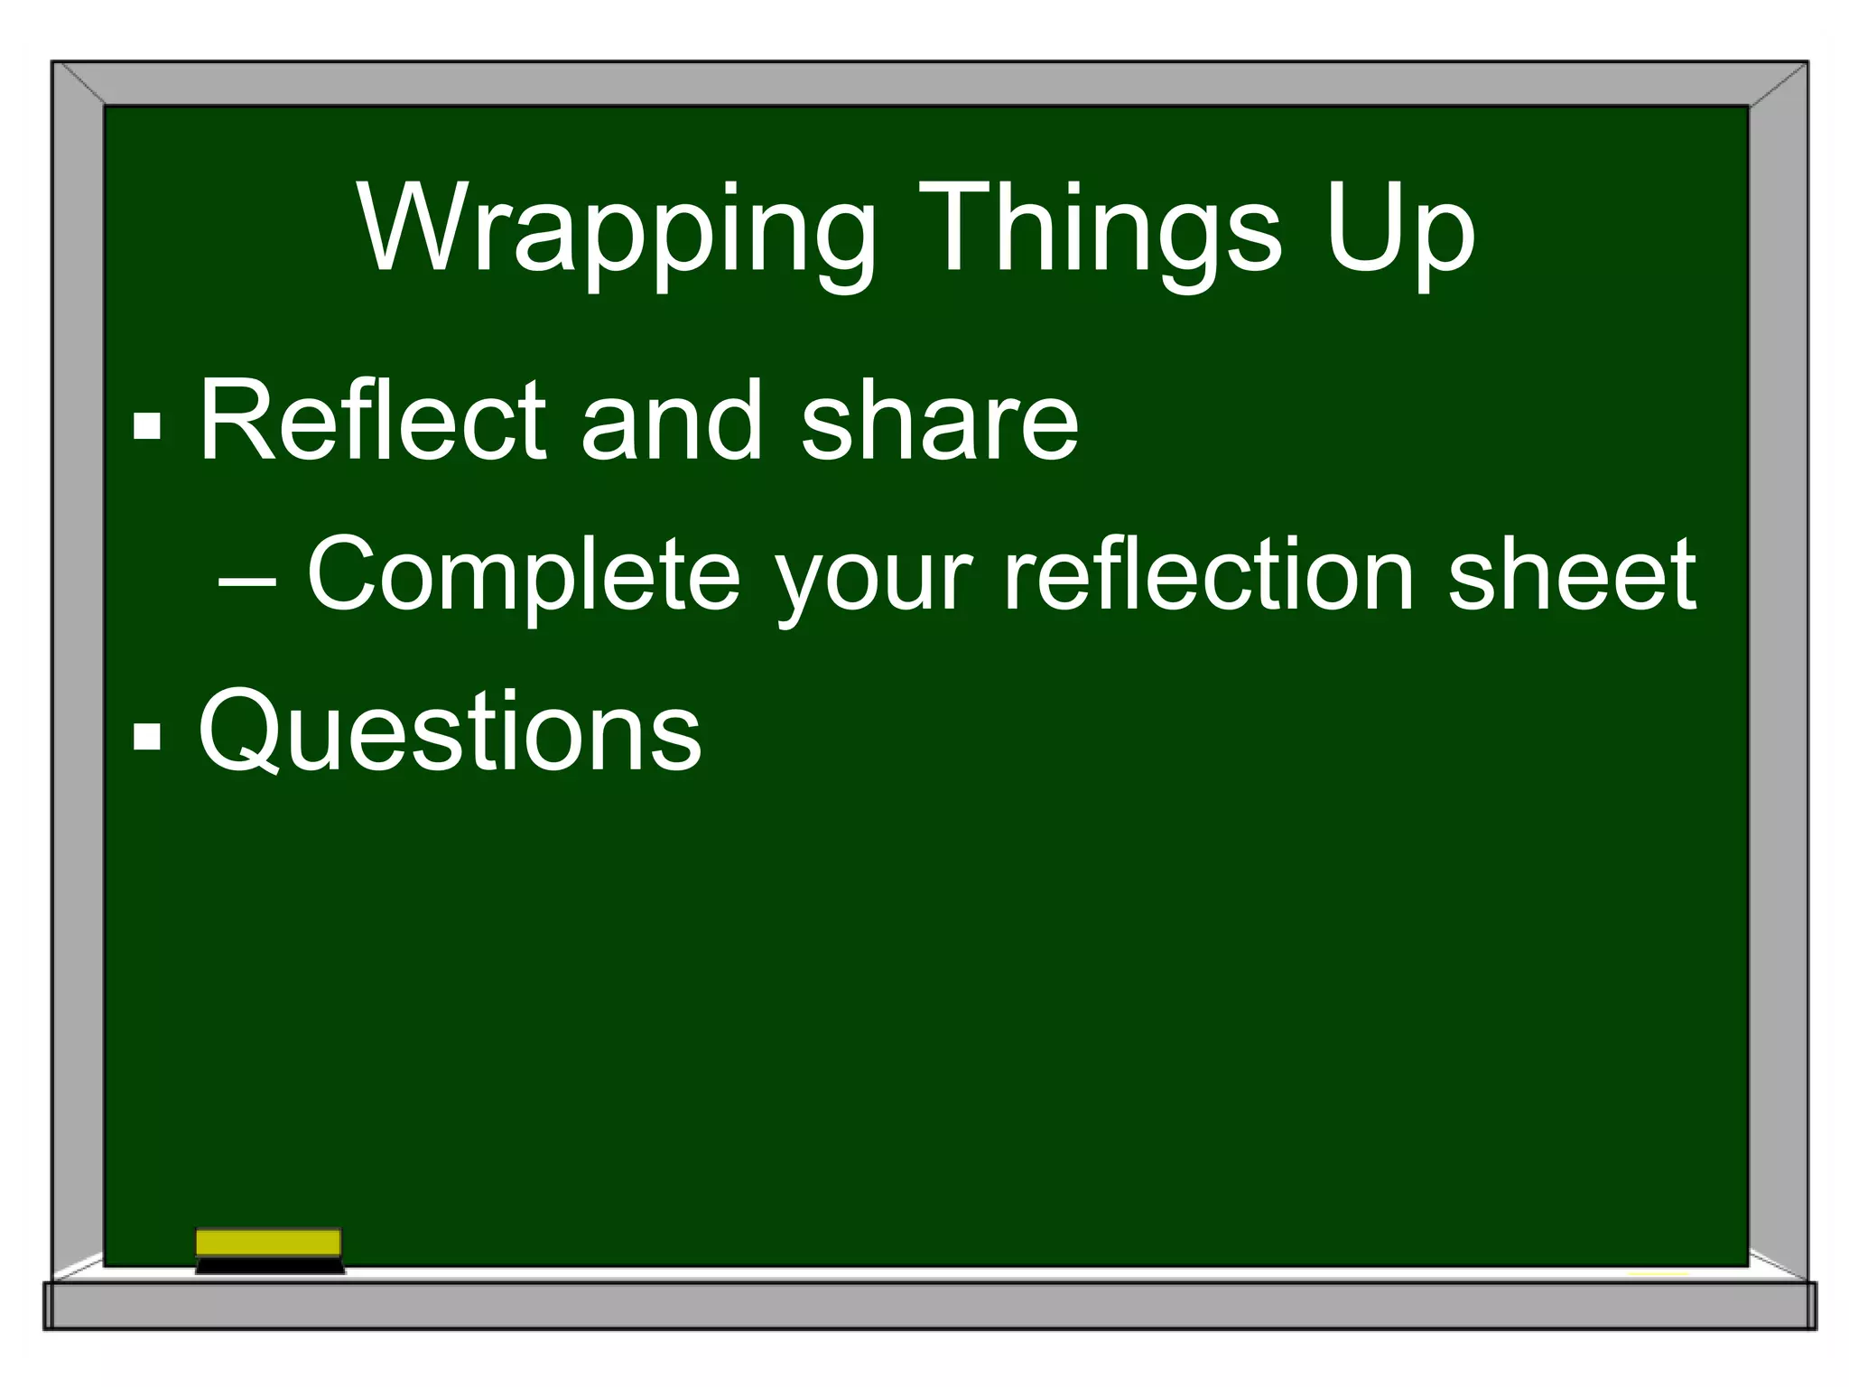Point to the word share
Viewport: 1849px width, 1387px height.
click(939, 420)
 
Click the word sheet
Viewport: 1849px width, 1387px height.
click(1571, 574)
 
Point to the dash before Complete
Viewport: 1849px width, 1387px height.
click(246, 582)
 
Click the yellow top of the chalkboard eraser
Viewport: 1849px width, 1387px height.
click(268, 1243)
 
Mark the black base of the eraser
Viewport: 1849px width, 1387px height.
click(270, 1266)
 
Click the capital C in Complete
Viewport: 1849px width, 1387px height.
click(343, 574)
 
